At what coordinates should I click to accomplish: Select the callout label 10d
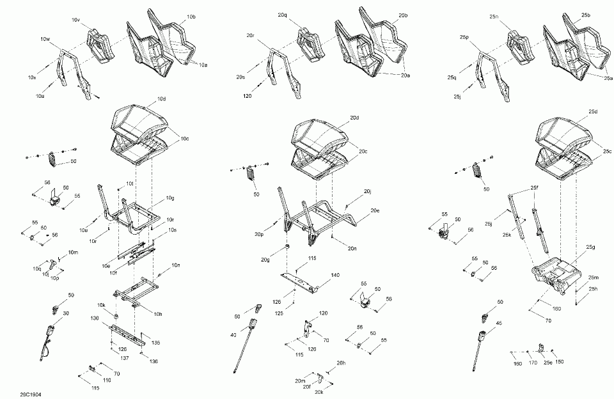point(161,99)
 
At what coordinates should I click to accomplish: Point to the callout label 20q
point(283,14)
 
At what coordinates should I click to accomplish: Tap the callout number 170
point(532,364)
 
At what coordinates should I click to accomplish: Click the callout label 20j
point(368,191)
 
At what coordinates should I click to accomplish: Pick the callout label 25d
point(593,112)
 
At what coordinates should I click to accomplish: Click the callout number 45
point(500,324)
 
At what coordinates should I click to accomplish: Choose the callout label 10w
point(45,40)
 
